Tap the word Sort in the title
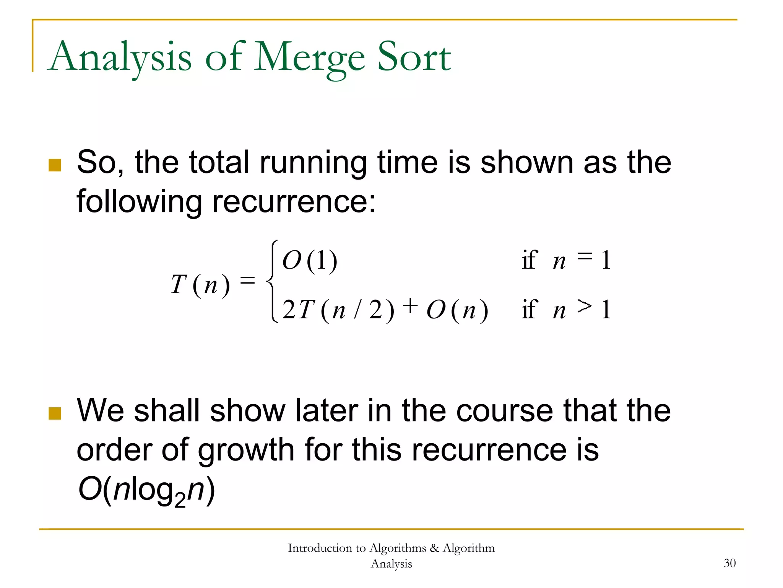click(414, 57)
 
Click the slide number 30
click(729, 563)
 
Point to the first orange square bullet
click(55, 165)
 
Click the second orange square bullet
click(55, 413)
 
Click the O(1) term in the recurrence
click(310, 261)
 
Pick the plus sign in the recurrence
click(410, 306)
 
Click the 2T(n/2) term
click(338, 310)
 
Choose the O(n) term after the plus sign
click(457, 310)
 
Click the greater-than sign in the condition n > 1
click(585, 306)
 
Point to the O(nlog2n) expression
click(146, 490)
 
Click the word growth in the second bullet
click(246, 450)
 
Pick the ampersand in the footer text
click(434, 548)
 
